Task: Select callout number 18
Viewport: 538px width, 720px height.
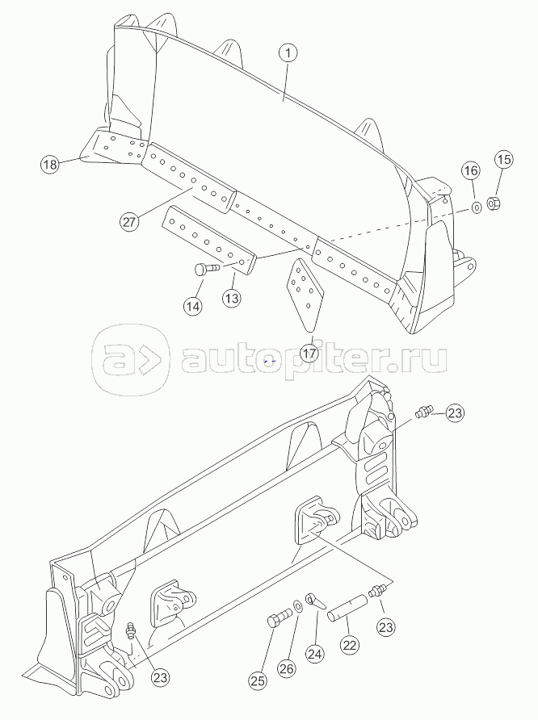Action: tap(50, 165)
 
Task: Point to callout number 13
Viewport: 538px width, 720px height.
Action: tap(232, 298)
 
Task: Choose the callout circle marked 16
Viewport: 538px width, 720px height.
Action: tap(471, 171)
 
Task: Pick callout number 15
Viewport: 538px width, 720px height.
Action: tap(502, 159)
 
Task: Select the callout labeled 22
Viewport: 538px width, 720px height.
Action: tap(349, 646)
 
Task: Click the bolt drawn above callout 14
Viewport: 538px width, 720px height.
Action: tap(207, 269)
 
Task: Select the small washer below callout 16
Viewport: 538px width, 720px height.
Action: tap(477, 207)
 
